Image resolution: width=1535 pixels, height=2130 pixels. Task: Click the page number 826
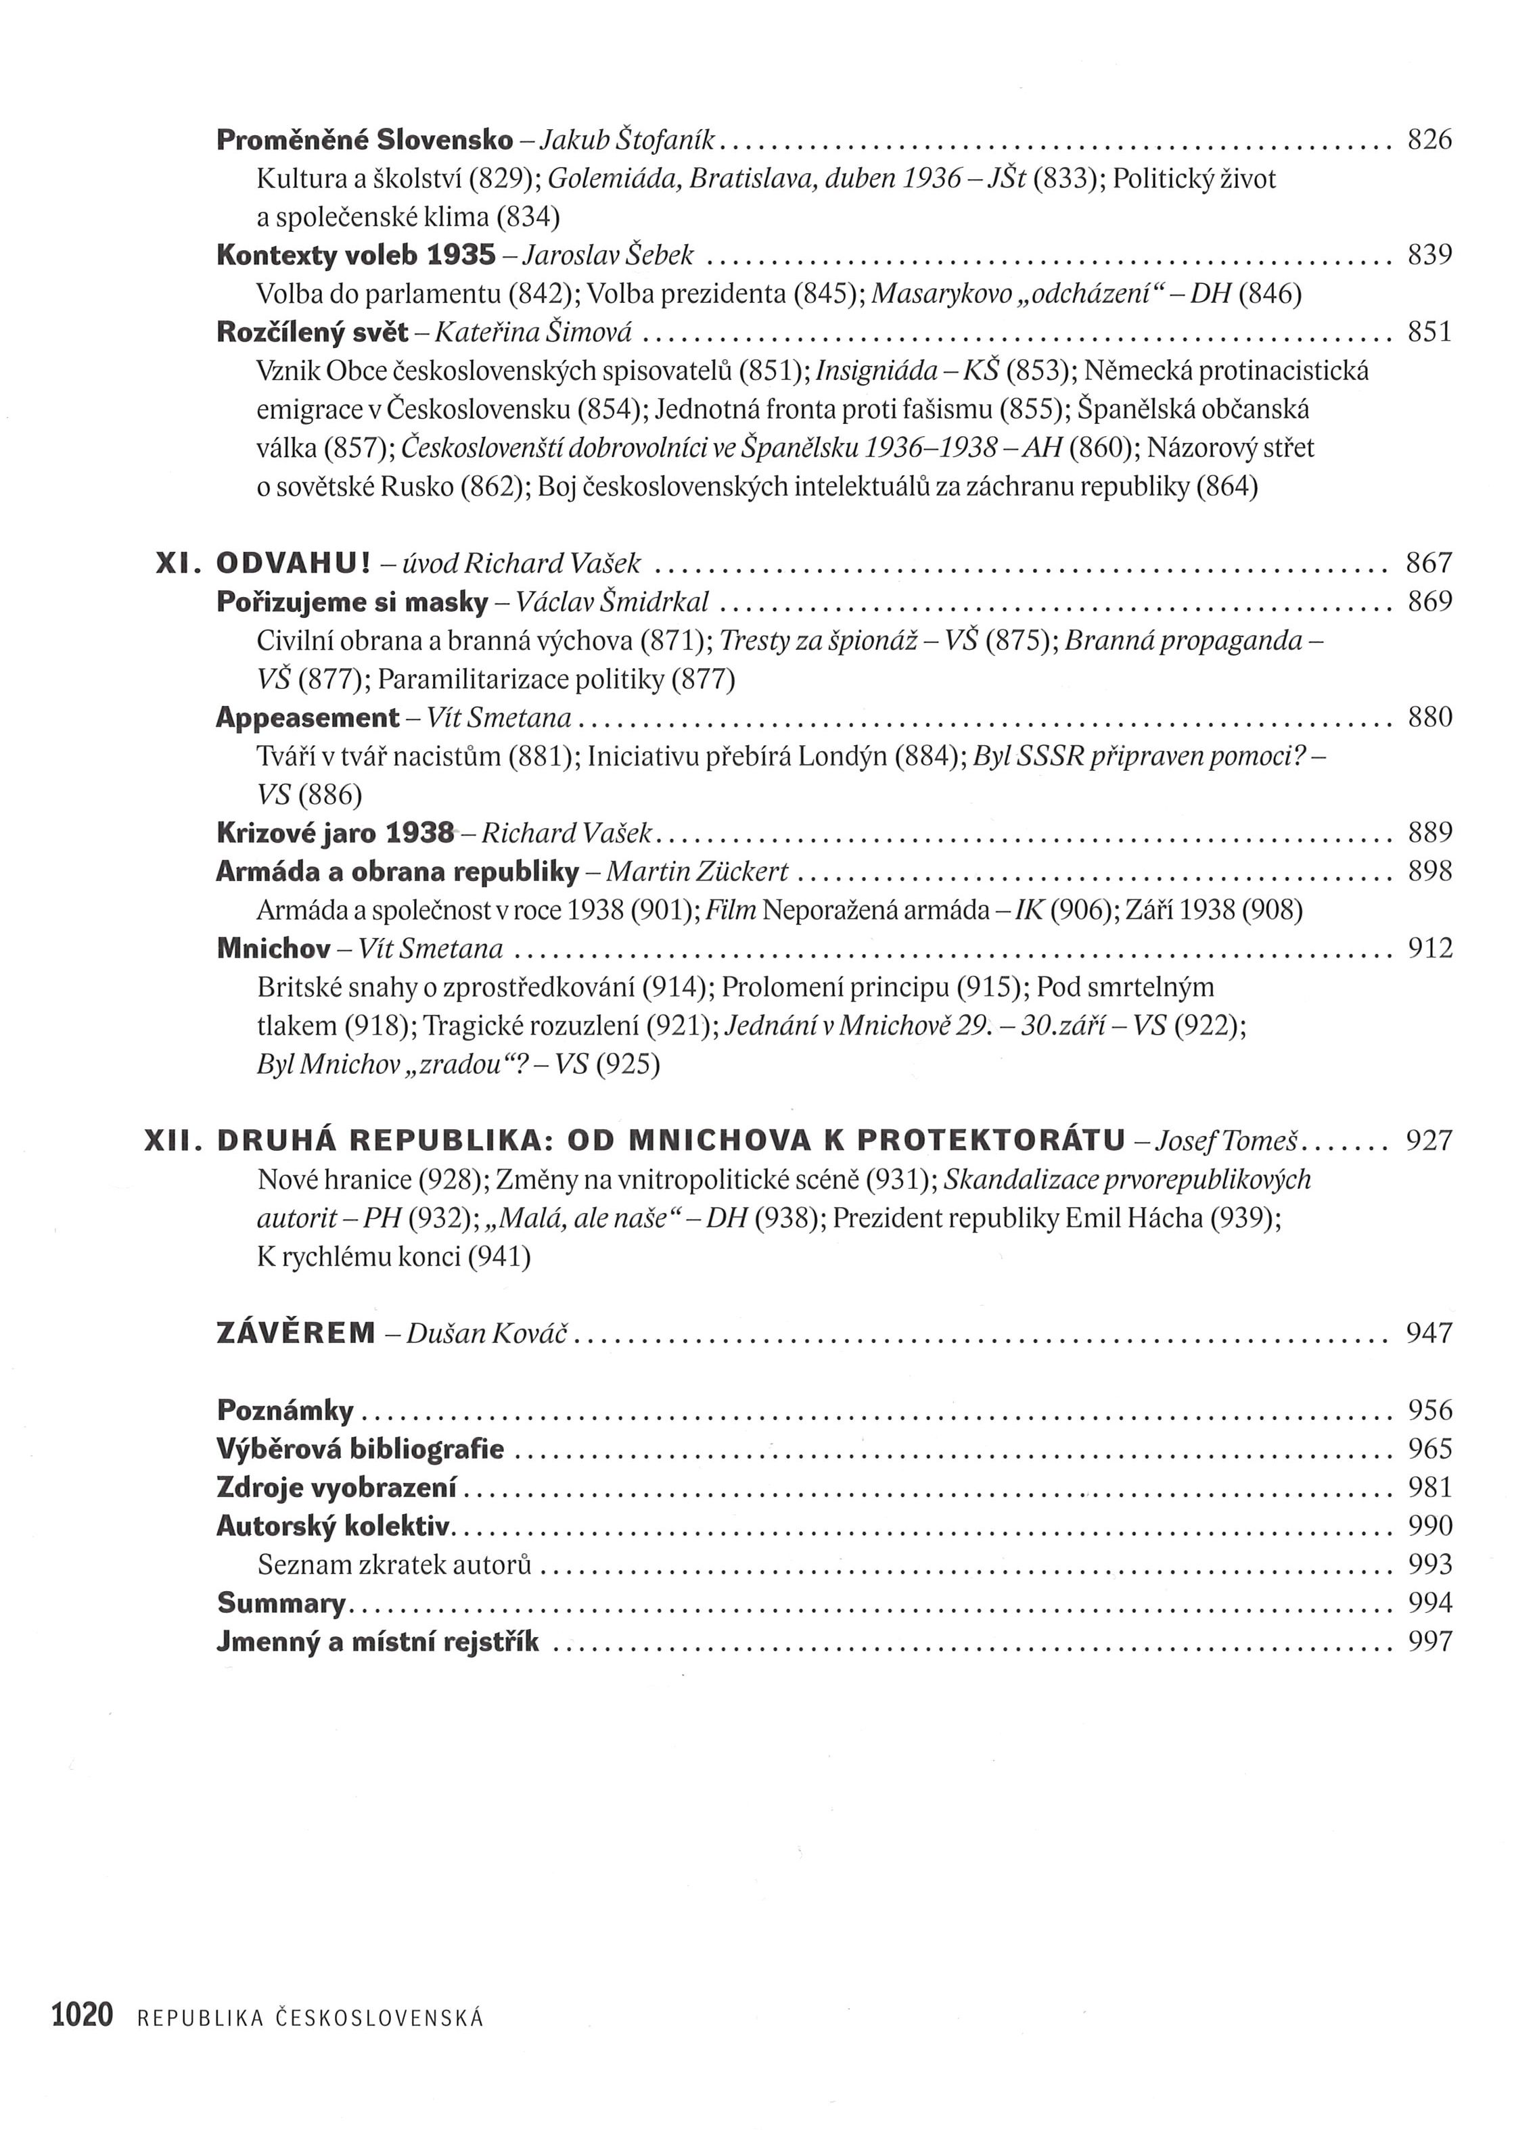click(1429, 140)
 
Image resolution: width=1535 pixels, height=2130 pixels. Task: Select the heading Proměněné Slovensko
click(365, 140)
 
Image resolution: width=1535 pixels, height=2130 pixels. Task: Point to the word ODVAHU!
click(294, 563)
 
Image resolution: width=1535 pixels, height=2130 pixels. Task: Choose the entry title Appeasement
click(307, 718)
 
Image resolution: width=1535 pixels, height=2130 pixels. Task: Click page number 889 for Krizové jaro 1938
click(1429, 833)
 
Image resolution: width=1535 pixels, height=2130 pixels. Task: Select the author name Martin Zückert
click(697, 872)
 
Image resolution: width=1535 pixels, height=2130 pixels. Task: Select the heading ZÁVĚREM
click(296, 1333)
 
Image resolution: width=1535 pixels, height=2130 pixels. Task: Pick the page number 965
click(1429, 1449)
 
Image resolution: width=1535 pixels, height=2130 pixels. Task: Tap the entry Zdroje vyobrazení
click(336, 1488)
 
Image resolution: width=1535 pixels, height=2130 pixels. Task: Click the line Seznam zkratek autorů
click(394, 1565)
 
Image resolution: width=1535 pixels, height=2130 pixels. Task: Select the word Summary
click(281, 1603)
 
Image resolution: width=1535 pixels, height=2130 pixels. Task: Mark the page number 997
click(1429, 1642)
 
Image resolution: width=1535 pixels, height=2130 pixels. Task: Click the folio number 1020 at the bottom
click(82, 2014)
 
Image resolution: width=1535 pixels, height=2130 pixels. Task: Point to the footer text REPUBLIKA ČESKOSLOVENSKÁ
click(310, 2016)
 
